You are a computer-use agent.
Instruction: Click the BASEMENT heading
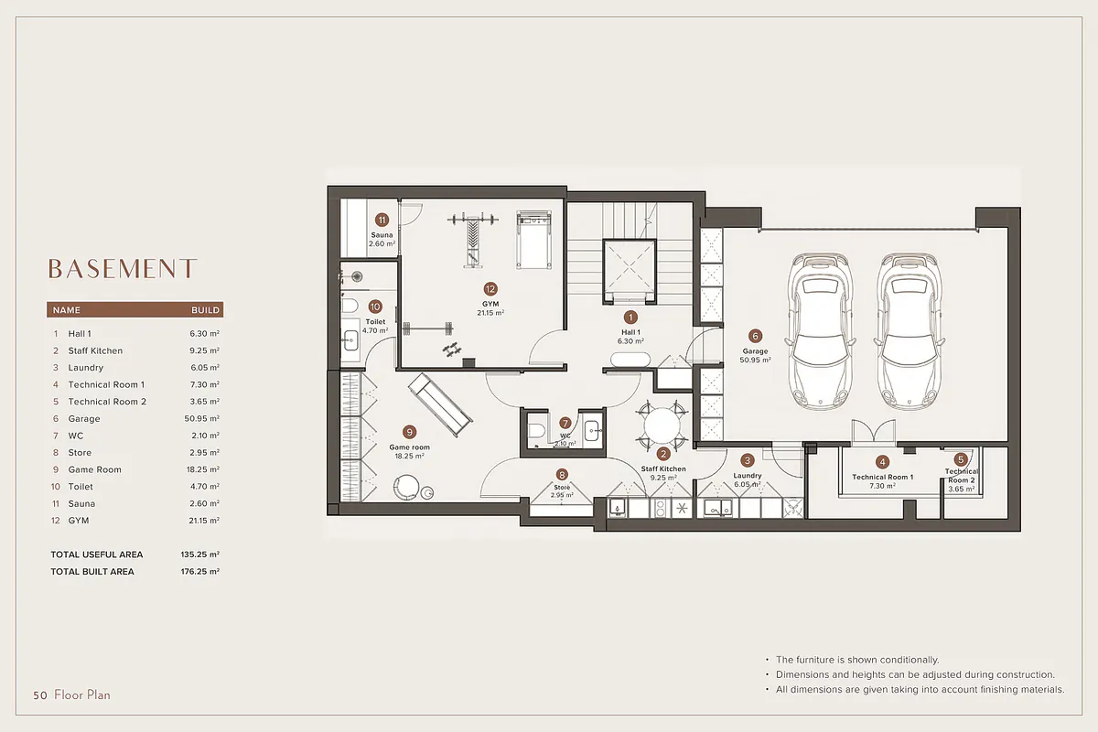[x=123, y=269]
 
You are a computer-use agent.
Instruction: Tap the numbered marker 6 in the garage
[x=755, y=336]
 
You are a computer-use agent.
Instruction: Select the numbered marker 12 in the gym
[x=490, y=289]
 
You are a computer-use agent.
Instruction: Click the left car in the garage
[x=820, y=331]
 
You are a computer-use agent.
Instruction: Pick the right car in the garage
[x=910, y=331]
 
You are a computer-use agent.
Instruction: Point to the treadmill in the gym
[x=533, y=240]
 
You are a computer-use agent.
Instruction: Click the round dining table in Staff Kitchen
[x=662, y=425]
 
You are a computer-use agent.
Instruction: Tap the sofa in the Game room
[x=440, y=404]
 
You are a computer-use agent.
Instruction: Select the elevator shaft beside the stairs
[x=630, y=271]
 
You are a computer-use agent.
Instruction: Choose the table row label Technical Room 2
[x=107, y=402]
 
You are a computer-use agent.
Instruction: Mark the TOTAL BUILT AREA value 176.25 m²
[x=200, y=572]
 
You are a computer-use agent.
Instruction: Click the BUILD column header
[x=205, y=310]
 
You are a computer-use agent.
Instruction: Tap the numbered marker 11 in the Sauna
[x=382, y=221]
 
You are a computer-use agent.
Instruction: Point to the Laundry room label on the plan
[x=747, y=476]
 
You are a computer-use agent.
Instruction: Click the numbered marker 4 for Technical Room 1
[x=882, y=462]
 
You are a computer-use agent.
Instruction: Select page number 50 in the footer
[x=40, y=695]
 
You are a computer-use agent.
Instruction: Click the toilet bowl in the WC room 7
[x=537, y=431]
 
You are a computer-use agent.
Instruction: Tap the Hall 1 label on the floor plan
[x=630, y=332]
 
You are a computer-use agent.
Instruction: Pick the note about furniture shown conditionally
[x=856, y=660]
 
